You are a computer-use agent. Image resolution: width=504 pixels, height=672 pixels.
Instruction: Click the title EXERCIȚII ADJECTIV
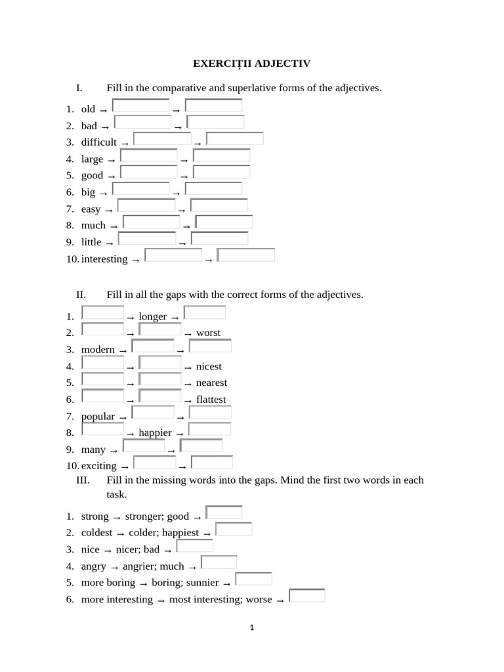click(x=251, y=64)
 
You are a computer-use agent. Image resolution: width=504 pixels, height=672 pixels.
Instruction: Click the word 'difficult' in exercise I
click(x=98, y=142)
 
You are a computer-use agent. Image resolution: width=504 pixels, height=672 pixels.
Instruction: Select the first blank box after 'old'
click(x=140, y=106)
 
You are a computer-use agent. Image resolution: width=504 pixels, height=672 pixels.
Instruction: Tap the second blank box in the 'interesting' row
click(x=245, y=255)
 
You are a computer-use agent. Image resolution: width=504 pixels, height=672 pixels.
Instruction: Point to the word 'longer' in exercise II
click(x=153, y=317)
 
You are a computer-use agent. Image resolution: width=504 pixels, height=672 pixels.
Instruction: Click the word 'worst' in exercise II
click(x=208, y=333)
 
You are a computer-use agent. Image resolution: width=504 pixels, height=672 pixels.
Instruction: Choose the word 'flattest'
click(x=211, y=400)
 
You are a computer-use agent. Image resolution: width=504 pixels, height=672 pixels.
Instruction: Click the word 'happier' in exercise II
click(x=155, y=433)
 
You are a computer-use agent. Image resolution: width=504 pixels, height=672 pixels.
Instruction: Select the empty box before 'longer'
click(x=102, y=313)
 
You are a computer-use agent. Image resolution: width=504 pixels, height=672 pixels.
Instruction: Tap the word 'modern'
click(x=98, y=350)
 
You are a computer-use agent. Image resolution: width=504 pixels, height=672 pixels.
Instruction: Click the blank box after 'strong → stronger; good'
click(x=224, y=513)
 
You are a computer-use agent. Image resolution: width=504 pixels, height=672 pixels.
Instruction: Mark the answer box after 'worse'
click(x=306, y=596)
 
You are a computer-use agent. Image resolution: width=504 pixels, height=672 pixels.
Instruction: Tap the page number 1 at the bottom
click(x=252, y=627)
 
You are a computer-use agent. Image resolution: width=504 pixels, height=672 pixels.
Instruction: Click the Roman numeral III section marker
click(x=83, y=480)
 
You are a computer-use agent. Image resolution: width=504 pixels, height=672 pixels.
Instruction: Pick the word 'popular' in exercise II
click(x=98, y=417)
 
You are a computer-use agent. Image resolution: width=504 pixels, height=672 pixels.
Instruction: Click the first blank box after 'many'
click(x=144, y=446)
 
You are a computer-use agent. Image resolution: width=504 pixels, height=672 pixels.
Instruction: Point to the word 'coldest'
click(x=96, y=533)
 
